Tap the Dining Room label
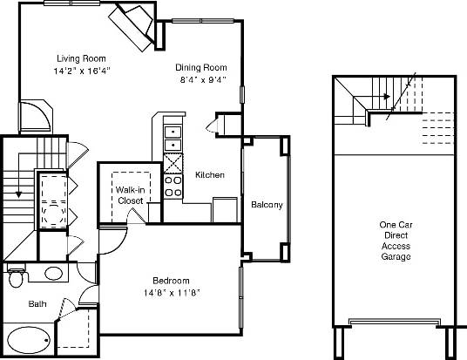[201, 67]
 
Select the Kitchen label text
[210, 175]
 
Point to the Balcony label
[266, 205]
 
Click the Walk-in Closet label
[130, 194]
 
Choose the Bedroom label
[172, 280]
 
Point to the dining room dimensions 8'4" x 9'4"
[201, 79]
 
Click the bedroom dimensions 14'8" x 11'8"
[172, 292]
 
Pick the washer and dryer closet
[47, 200]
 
